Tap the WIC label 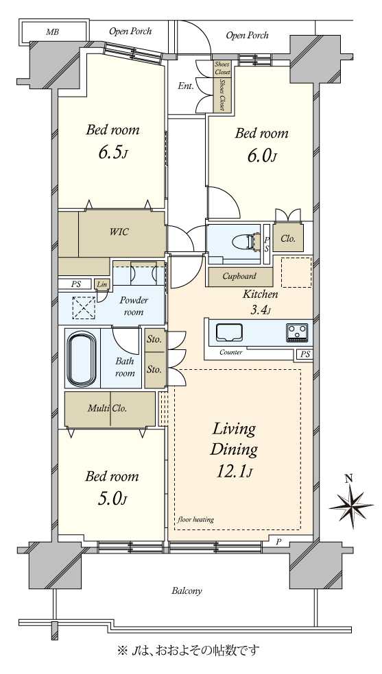(x=119, y=232)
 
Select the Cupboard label (x=239, y=276)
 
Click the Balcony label (x=187, y=591)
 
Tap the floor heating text (x=195, y=520)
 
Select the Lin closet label (x=102, y=284)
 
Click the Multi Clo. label (x=108, y=408)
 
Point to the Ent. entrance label (x=185, y=86)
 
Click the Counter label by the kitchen (x=230, y=353)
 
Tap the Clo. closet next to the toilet (x=288, y=239)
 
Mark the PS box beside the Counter (x=305, y=355)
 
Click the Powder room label (x=133, y=306)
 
